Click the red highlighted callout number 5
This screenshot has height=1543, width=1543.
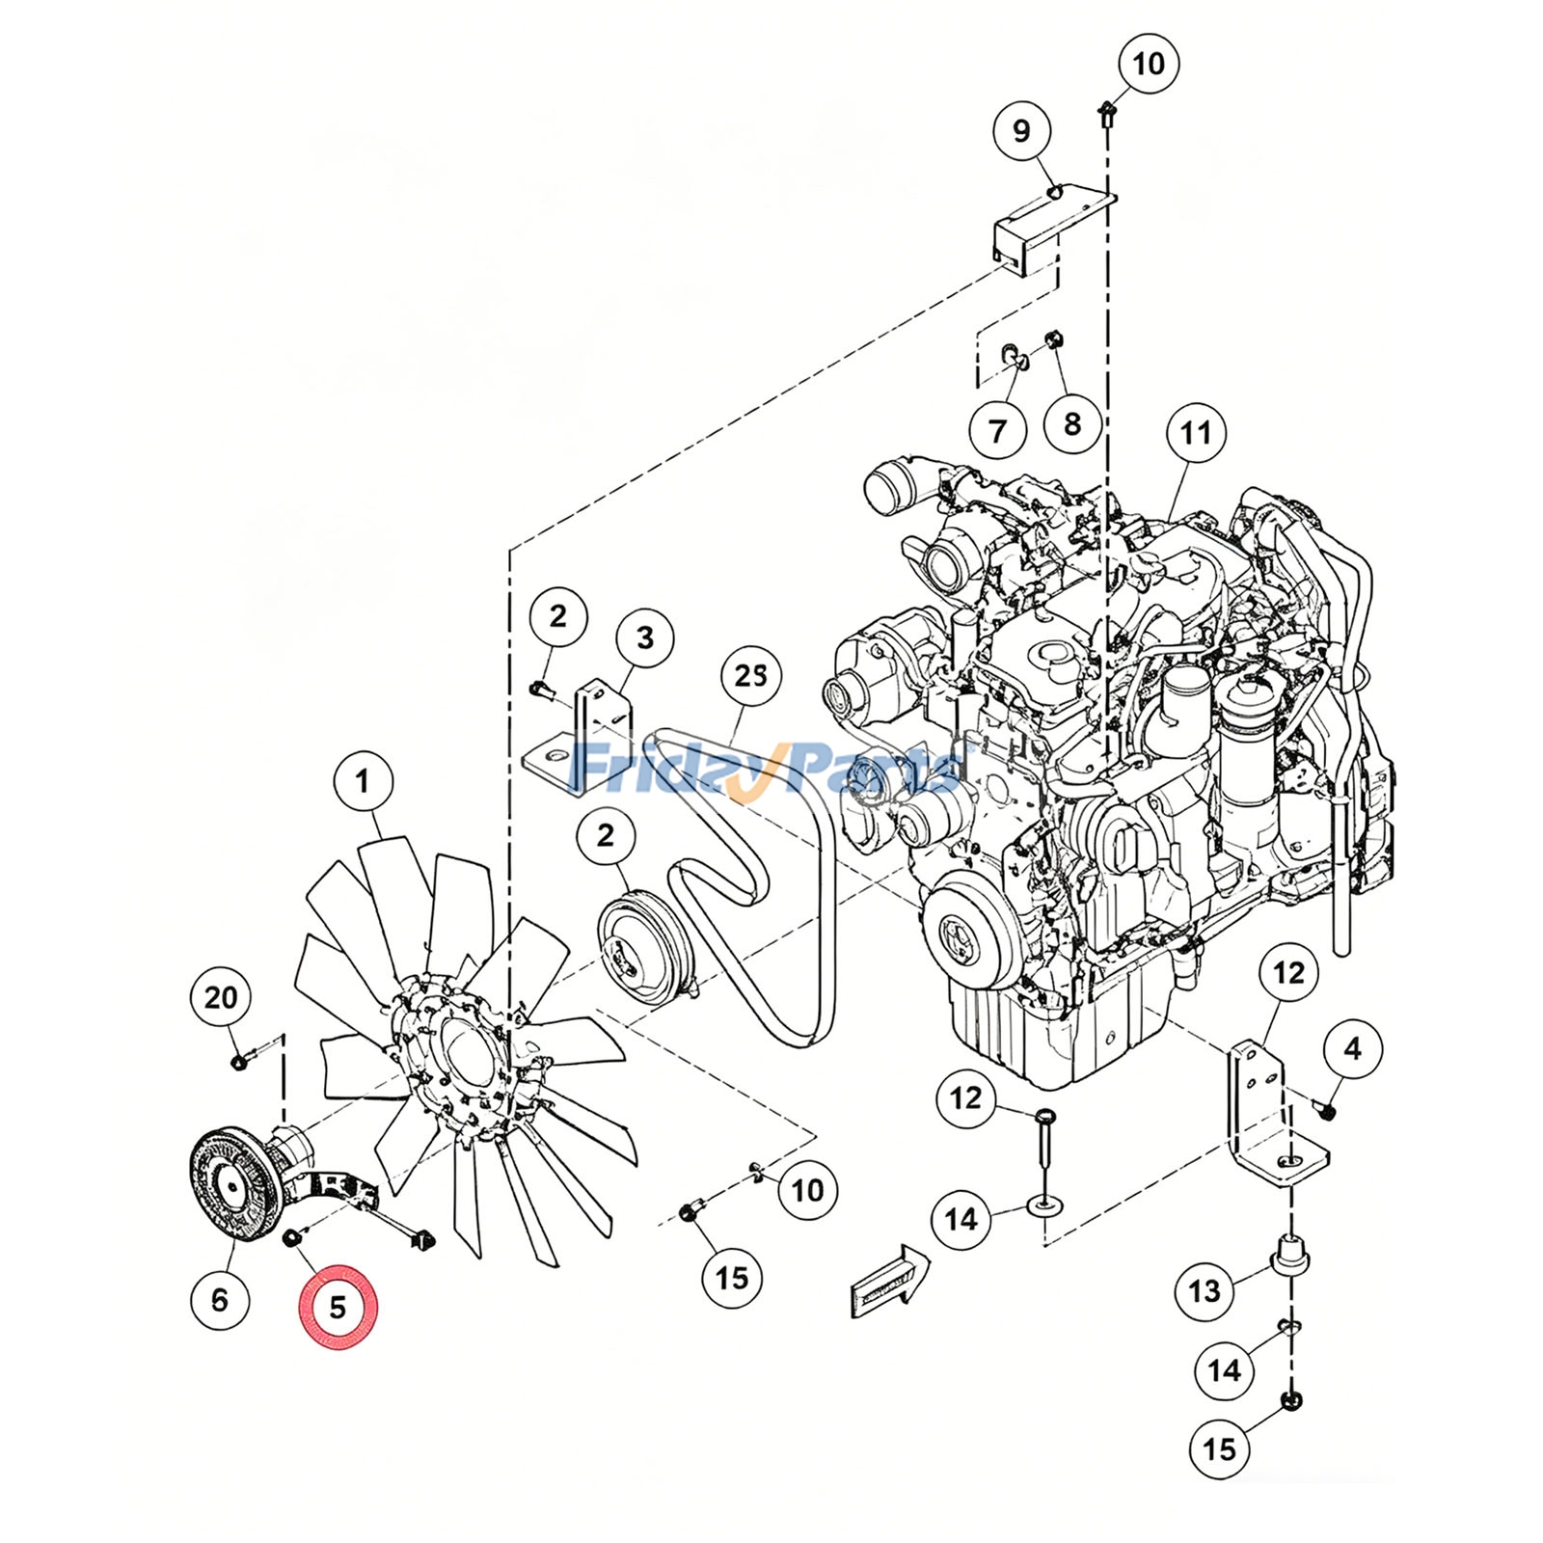pyautogui.click(x=338, y=1307)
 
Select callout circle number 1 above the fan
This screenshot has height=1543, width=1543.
pyautogui.click(x=363, y=781)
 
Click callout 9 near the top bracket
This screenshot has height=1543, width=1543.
pyautogui.click(x=1021, y=131)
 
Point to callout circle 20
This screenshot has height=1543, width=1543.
pyautogui.click(x=221, y=997)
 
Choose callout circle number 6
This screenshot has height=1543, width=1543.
pyautogui.click(x=220, y=1300)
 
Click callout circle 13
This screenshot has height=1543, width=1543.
pyautogui.click(x=1205, y=1290)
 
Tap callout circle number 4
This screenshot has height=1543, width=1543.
pyautogui.click(x=1352, y=1048)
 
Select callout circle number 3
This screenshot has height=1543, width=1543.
pyautogui.click(x=644, y=637)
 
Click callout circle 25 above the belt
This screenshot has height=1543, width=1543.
pyautogui.click(x=751, y=676)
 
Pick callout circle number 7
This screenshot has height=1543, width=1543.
pyautogui.click(x=997, y=430)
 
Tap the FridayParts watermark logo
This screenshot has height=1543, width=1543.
pyautogui.click(x=767, y=767)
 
